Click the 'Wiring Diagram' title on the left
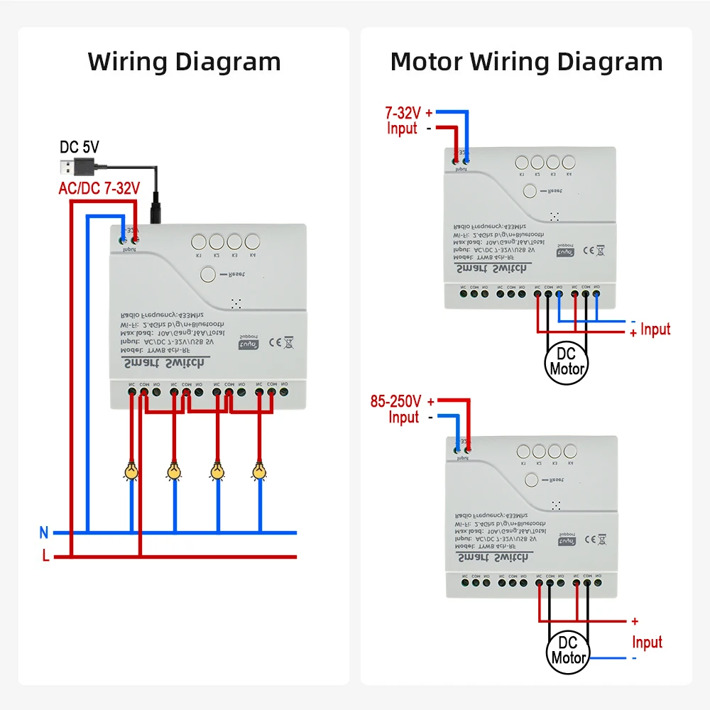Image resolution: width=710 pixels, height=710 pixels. coord(184,62)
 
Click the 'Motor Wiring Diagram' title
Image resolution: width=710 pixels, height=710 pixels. coord(526,62)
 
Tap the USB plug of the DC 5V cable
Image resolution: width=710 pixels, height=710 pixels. coord(75,168)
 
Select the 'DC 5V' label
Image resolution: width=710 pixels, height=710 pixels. coord(80,148)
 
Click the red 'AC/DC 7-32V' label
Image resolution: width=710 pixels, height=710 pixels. coord(99,188)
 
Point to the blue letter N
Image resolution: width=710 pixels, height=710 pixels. coord(44,532)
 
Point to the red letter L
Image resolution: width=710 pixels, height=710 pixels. coord(45,557)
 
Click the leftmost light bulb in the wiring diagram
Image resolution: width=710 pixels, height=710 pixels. coord(131,471)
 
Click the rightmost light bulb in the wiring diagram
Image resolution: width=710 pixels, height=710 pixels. coord(259,471)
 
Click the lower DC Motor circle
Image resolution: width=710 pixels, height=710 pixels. coord(567,650)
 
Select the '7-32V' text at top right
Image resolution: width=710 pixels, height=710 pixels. coord(403,112)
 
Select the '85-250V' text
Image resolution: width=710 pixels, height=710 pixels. coord(395,400)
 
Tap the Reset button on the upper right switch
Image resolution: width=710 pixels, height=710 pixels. coord(529,191)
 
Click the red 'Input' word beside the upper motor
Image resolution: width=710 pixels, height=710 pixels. coord(655,329)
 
